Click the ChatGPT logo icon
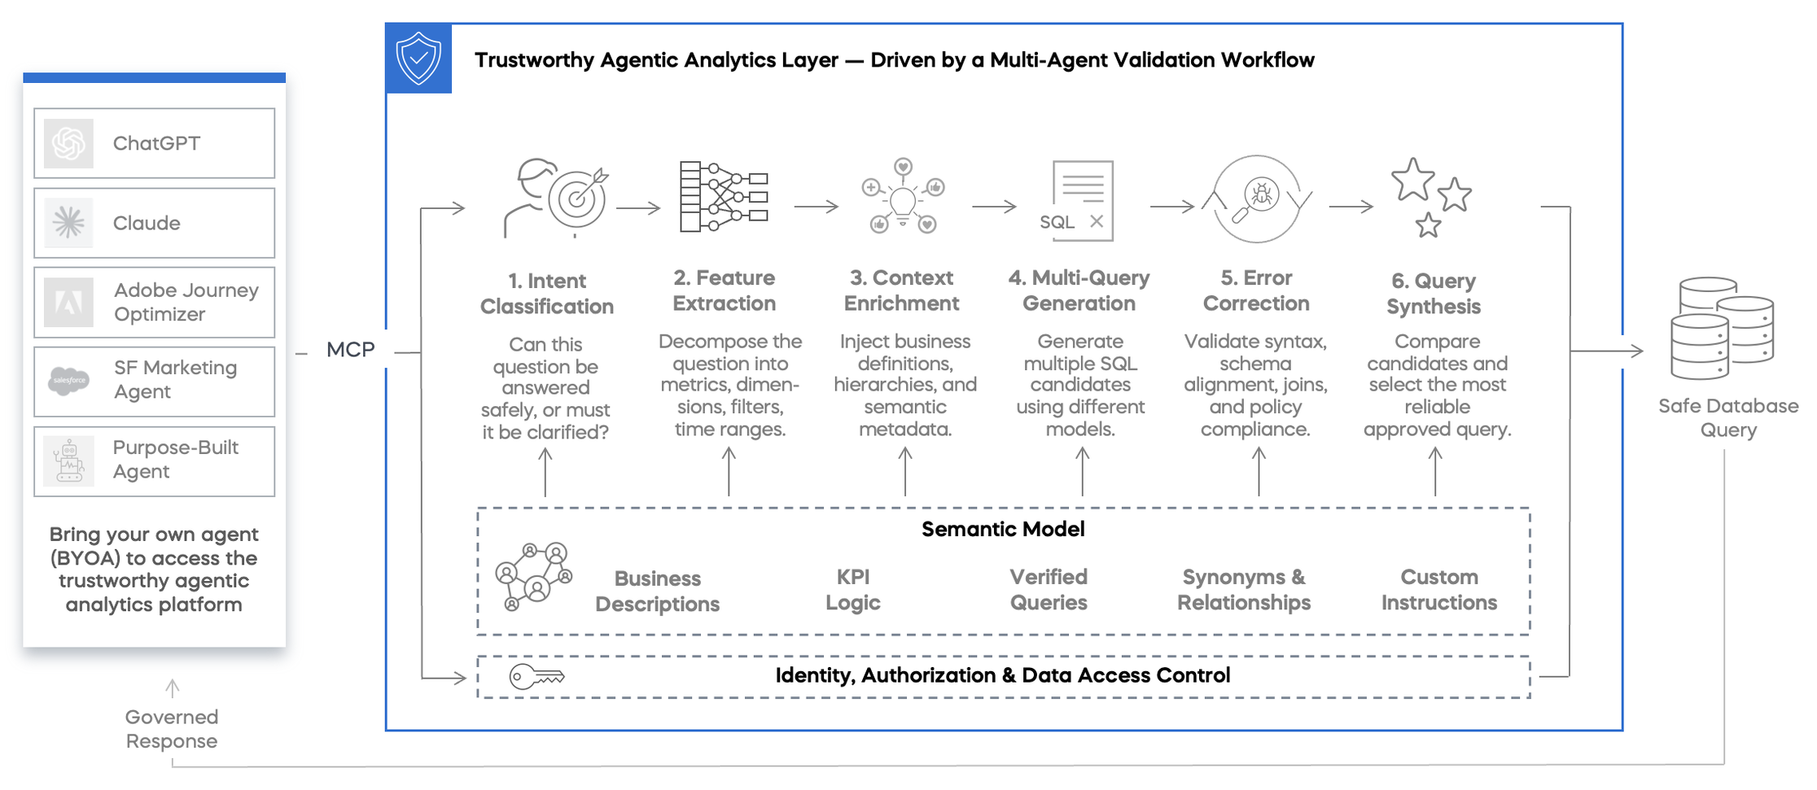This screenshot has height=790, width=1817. tap(68, 144)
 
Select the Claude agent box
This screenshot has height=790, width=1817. tap(154, 223)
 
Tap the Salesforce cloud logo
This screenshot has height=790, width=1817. tap(69, 381)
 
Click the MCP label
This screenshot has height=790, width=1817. tap(350, 350)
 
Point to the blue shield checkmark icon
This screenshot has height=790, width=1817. tap(418, 59)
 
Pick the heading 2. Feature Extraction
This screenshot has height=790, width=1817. tap(724, 290)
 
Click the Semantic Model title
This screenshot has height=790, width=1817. tap(1003, 530)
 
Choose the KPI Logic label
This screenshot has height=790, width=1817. tap(853, 590)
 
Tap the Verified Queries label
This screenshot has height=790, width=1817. tap(1049, 590)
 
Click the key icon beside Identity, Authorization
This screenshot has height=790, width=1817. tap(536, 676)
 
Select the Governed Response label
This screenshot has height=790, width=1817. tap(172, 729)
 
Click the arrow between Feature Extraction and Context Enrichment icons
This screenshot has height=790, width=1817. tap(816, 207)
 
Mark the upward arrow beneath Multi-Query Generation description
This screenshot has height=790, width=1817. tap(1082, 472)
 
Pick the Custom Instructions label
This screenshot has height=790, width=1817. tap(1438, 590)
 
